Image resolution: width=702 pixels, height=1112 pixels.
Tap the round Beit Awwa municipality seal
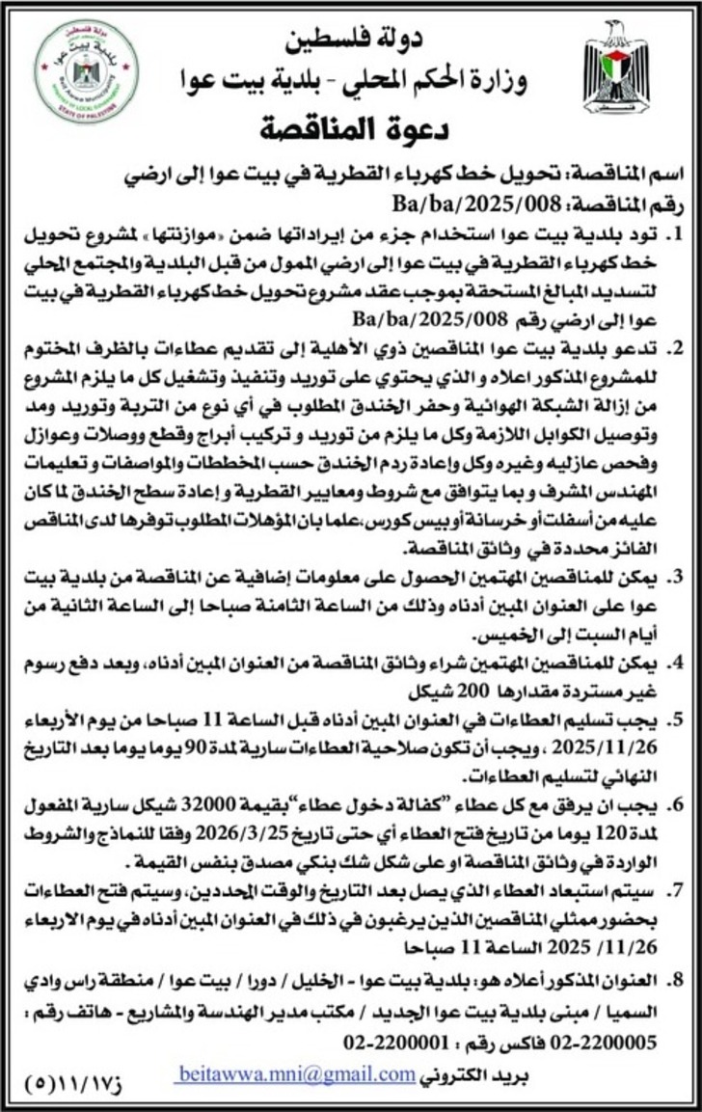pyautogui.click(x=86, y=72)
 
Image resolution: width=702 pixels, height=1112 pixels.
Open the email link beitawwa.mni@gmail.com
pyautogui.click(x=297, y=1074)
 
